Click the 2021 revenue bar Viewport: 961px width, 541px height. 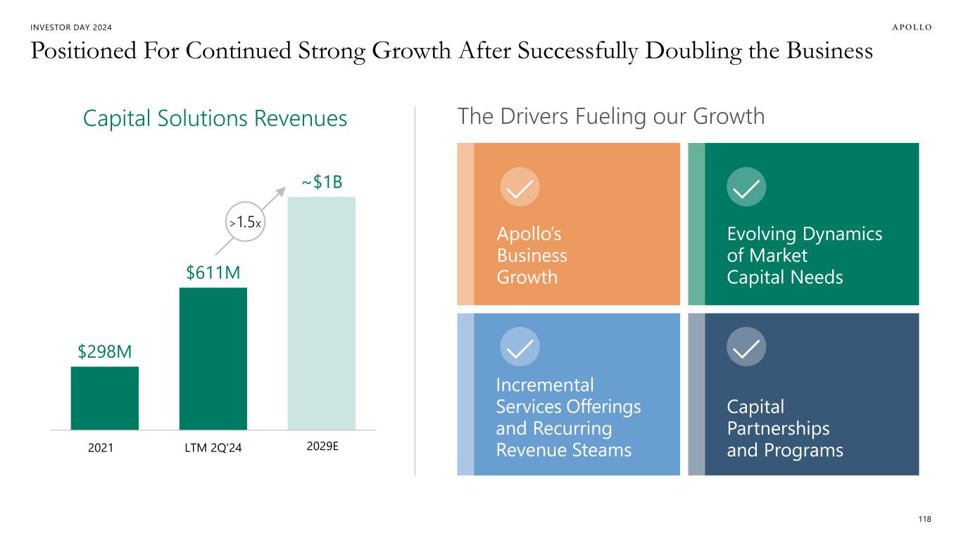(x=104, y=398)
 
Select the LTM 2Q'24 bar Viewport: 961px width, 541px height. (x=213, y=359)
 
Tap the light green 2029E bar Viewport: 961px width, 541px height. (x=321, y=313)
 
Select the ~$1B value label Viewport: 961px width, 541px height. (x=322, y=182)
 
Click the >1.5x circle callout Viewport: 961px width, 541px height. (x=246, y=223)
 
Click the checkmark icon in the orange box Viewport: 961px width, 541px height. (x=520, y=187)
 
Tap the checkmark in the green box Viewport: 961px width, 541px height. (x=746, y=187)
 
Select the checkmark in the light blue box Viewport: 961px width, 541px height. (x=520, y=347)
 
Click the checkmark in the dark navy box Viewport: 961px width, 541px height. (x=746, y=347)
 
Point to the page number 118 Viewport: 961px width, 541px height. (x=924, y=519)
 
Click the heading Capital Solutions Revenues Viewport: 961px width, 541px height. (x=215, y=119)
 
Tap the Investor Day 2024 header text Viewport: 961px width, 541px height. (x=72, y=27)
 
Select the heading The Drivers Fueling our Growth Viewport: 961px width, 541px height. (x=611, y=116)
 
